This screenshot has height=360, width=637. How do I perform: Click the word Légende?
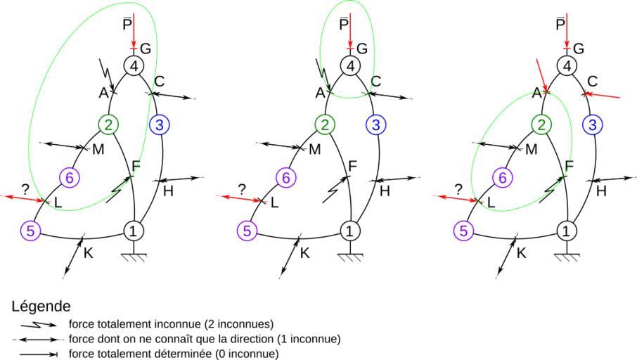[x=41, y=307]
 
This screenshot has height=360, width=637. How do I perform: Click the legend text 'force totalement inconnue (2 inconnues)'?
[x=171, y=324]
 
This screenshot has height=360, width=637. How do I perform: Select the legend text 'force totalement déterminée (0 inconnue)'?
[x=173, y=354]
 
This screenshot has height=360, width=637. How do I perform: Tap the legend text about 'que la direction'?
[x=205, y=339]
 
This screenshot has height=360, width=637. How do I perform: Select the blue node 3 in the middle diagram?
[x=377, y=125]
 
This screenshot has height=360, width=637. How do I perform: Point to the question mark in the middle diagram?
[x=241, y=188]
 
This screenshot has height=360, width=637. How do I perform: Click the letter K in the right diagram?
[x=522, y=252]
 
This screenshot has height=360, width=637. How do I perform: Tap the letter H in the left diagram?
[x=168, y=191]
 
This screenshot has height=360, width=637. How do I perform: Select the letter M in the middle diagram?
[x=314, y=149]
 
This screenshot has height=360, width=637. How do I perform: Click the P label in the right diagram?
[x=560, y=25]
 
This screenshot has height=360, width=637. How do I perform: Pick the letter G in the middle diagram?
[x=362, y=49]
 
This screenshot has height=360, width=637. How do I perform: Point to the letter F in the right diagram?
[x=570, y=165]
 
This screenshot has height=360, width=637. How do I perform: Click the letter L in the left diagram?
[x=58, y=203]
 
